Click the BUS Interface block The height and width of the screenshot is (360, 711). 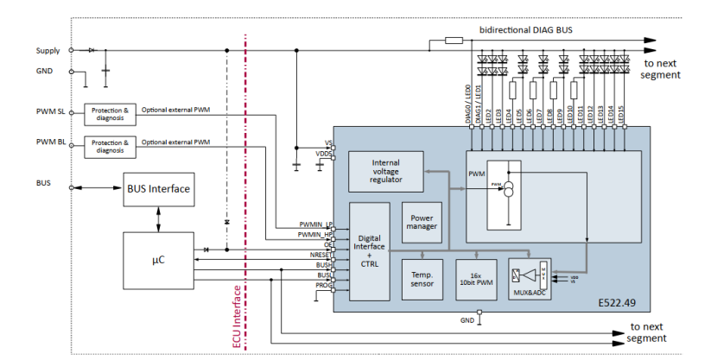[x=159, y=188]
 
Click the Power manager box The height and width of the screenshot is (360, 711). [x=422, y=223]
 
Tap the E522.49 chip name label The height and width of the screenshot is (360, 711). [x=618, y=303]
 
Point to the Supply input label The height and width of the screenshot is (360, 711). [x=48, y=50]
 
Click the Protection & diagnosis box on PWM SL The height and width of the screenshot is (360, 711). [x=110, y=114]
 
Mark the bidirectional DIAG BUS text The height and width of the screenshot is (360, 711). [x=525, y=29]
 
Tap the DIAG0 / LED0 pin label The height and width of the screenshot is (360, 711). [x=467, y=104]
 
